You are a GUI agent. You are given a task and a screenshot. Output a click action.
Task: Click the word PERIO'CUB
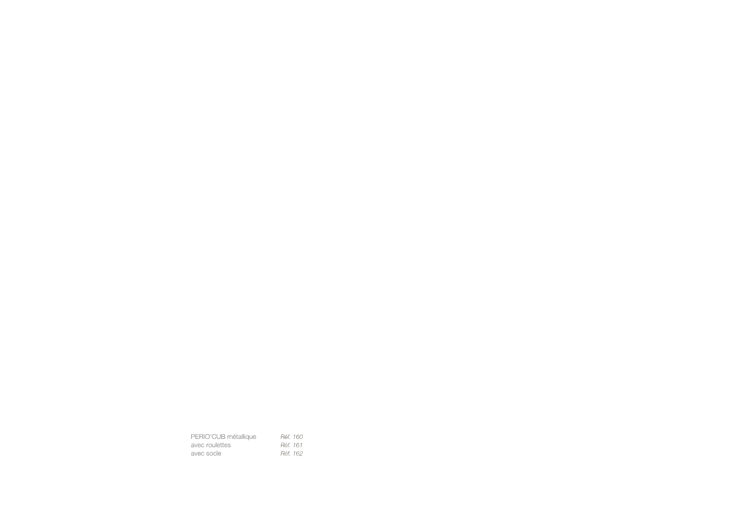point(208,437)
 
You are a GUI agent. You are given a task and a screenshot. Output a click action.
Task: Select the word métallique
point(241,437)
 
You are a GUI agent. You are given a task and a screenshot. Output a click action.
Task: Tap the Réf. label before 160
point(285,437)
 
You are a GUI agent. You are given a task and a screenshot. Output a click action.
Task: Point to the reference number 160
point(297,437)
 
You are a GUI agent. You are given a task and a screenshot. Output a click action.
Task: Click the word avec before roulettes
point(197,445)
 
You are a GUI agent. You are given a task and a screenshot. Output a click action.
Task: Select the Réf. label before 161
point(285,445)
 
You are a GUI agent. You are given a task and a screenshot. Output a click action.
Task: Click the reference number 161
point(297,445)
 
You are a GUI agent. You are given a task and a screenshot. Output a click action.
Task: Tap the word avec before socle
point(197,454)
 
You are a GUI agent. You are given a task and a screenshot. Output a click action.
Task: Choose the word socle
point(213,454)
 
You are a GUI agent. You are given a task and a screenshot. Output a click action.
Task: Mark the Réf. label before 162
point(285,454)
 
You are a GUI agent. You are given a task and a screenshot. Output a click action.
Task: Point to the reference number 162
point(297,454)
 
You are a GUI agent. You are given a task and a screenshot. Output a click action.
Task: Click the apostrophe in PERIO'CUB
point(210,435)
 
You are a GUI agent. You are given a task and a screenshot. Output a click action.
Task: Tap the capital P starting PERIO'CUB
point(193,437)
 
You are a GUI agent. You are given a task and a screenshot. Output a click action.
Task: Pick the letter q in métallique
point(247,438)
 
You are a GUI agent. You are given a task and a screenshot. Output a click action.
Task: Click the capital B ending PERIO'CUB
point(223,437)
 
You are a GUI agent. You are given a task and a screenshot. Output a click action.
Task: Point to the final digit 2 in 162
point(301,454)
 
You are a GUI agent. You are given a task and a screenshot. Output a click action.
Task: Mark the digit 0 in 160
point(301,437)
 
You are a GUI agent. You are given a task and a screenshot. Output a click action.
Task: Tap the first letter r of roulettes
point(207,445)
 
